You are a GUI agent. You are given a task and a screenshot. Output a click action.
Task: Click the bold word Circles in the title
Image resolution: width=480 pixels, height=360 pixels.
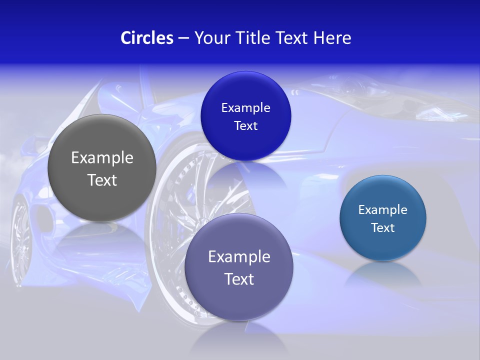[x=147, y=38]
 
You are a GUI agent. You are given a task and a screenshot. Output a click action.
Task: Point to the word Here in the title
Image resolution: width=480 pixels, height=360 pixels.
[x=332, y=38]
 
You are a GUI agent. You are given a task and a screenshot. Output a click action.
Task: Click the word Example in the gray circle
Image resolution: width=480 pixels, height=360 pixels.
[x=102, y=158]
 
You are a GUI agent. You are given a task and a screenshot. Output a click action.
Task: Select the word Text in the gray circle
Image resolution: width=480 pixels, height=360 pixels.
[x=102, y=180]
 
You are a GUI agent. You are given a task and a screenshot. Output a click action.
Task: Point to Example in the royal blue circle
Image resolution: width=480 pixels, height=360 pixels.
[x=245, y=107]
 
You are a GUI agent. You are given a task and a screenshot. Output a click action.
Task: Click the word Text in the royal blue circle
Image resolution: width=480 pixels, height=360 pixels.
[x=245, y=125]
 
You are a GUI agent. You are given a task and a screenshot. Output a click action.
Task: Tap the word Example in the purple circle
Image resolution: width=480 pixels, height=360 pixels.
[x=239, y=256]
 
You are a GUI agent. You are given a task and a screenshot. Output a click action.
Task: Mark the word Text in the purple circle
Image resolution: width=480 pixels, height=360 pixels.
[x=239, y=279]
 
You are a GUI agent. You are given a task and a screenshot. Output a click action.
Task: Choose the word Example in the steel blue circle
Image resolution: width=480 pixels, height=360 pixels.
[x=383, y=209]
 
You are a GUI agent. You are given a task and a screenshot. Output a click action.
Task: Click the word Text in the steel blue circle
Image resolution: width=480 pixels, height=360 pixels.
[x=383, y=227]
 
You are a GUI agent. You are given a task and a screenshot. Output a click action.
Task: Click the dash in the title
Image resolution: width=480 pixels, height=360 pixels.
[x=183, y=38]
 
